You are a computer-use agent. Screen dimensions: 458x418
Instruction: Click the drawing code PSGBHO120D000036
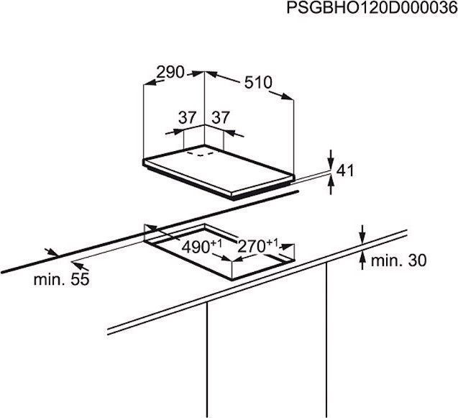click(x=372, y=8)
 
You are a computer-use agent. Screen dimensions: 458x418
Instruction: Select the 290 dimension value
click(x=170, y=72)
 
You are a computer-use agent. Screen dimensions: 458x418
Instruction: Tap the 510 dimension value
click(x=258, y=83)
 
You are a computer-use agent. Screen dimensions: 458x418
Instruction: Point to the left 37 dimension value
click(x=187, y=117)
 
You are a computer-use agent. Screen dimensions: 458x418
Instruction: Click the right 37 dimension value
click(x=221, y=117)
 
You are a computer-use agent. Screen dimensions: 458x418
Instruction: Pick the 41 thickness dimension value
click(x=345, y=171)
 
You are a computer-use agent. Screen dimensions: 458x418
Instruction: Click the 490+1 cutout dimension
click(x=201, y=246)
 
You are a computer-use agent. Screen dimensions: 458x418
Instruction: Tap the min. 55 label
click(x=61, y=279)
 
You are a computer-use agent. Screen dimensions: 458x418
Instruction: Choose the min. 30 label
click(x=398, y=260)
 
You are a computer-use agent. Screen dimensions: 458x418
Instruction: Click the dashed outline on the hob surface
click(x=201, y=153)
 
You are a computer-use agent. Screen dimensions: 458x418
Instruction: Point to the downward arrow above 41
click(x=331, y=159)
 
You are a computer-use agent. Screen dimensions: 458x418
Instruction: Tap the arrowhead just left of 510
click(x=212, y=74)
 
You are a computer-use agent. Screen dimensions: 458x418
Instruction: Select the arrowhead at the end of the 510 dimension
click(x=287, y=96)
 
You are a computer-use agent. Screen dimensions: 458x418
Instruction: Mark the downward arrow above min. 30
click(x=362, y=234)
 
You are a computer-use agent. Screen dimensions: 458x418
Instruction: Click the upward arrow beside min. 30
click(x=362, y=260)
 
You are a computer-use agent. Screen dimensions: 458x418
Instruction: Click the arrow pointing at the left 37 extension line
click(x=175, y=132)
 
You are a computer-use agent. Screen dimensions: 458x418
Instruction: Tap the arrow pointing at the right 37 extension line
click(x=234, y=133)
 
